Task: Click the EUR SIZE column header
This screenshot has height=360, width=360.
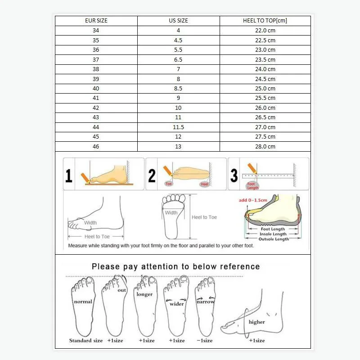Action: (x=96, y=21)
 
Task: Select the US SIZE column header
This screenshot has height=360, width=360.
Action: (x=178, y=21)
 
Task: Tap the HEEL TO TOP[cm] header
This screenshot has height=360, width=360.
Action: (x=265, y=21)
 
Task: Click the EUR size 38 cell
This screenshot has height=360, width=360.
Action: (x=96, y=69)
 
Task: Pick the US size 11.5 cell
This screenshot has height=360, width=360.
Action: (x=178, y=127)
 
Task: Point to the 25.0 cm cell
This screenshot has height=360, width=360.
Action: (x=265, y=89)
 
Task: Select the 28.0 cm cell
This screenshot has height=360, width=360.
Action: (x=265, y=147)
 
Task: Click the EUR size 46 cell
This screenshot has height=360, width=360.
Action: (x=96, y=147)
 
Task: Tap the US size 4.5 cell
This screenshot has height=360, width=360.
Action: (x=178, y=40)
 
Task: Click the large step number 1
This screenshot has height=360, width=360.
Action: (x=69, y=175)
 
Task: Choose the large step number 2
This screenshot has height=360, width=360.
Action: (x=152, y=175)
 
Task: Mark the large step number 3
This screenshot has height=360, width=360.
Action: (x=234, y=175)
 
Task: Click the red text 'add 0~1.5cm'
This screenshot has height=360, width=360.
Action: (x=253, y=199)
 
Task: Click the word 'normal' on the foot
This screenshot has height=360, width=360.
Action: (x=83, y=301)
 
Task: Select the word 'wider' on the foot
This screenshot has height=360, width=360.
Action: (x=177, y=304)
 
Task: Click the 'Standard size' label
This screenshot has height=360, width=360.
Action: (x=86, y=341)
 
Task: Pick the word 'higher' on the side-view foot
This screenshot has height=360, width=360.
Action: (x=256, y=322)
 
